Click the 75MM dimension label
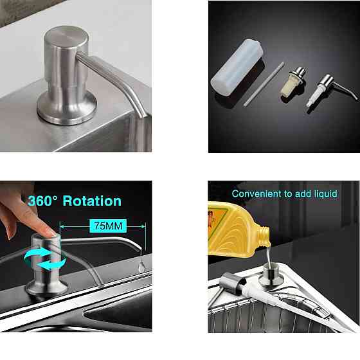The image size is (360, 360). tap(108, 226)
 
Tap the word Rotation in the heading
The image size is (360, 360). tap(92, 201)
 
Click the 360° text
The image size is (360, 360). tap(42, 201)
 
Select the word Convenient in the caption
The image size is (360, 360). tap(257, 194)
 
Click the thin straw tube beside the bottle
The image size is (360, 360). tap(264, 84)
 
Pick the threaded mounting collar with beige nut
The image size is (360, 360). tap(293, 84)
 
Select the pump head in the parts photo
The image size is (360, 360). tap(330, 91)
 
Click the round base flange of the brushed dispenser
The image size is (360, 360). tap(67, 109)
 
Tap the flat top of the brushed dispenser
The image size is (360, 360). tap(66, 37)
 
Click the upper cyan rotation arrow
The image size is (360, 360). tap(37, 255)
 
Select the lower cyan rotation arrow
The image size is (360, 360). tap(52, 264)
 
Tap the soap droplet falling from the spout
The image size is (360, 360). tap(141, 266)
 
